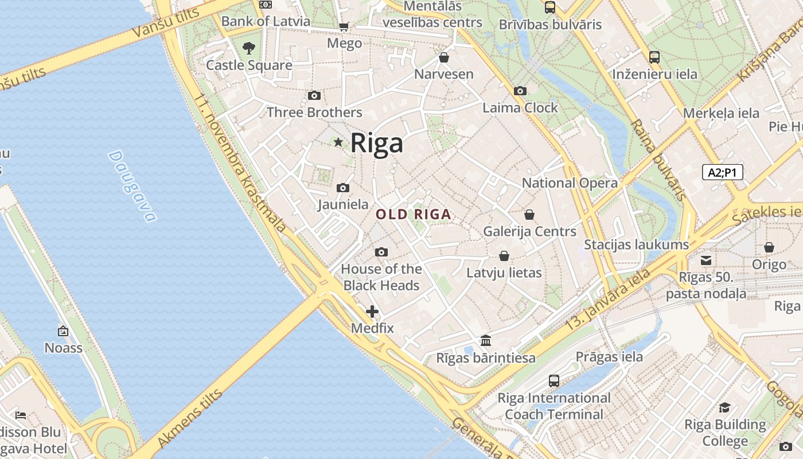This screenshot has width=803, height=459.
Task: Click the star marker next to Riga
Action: [x=338, y=142]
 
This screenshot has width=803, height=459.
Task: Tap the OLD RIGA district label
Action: [x=413, y=215]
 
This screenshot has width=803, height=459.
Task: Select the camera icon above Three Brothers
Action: [x=314, y=95]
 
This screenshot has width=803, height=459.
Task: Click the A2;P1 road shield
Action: [x=722, y=172]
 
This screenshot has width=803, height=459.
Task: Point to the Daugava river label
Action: [x=132, y=186]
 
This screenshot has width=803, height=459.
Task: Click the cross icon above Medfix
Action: [x=372, y=312]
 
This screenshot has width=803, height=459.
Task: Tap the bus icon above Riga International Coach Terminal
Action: [x=553, y=380]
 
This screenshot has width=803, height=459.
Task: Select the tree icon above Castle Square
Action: [x=248, y=48]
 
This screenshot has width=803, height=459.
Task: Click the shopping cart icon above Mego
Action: [x=344, y=27]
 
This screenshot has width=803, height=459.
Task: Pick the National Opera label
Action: [x=569, y=183]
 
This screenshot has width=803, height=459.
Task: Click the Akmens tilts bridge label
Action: [x=189, y=419]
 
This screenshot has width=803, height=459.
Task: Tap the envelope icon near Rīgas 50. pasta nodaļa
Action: [x=706, y=260]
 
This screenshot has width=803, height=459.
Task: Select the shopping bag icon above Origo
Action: [x=769, y=247]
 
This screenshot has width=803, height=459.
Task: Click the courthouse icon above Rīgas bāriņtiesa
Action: [x=486, y=341]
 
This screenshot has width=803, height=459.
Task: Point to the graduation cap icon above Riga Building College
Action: [x=725, y=407]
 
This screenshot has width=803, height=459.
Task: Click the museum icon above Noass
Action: [x=63, y=331]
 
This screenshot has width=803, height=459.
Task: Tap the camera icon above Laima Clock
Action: [x=520, y=91]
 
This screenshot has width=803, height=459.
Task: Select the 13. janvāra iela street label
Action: [x=608, y=299]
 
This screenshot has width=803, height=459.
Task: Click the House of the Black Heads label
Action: [x=381, y=277]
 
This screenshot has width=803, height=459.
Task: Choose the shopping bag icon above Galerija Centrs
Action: [x=529, y=215]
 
